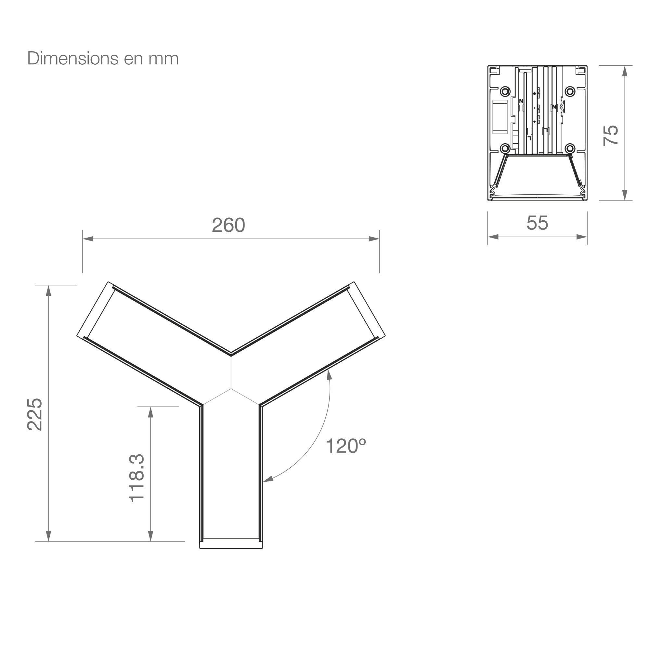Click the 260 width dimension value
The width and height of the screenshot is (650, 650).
click(228, 225)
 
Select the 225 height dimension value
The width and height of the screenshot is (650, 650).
click(35, 414)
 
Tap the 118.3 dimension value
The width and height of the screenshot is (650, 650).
click(136, 478)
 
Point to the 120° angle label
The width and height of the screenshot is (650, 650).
click(345, 446)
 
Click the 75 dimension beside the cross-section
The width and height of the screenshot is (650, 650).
click(611, 136)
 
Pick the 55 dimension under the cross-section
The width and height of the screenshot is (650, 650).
click(537, 223)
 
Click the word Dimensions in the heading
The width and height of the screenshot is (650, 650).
click(73, 58)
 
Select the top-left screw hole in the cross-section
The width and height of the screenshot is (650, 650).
click(505, 91)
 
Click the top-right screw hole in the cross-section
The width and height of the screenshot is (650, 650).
click(570, 91)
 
